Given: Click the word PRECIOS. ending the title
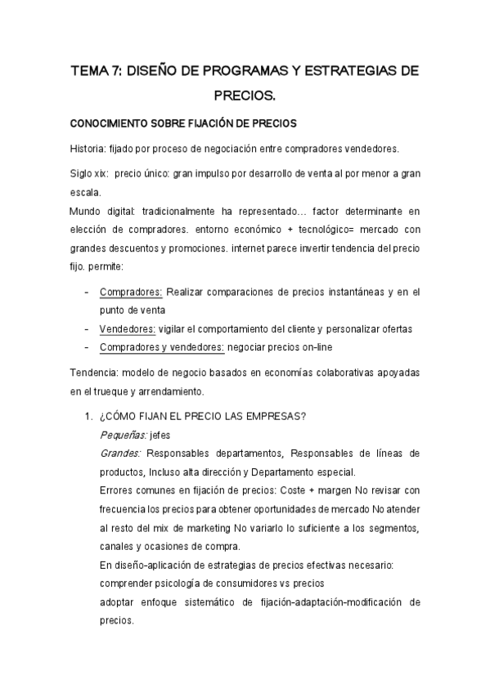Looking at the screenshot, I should (245, 96).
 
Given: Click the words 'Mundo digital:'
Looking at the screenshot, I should (97, 211).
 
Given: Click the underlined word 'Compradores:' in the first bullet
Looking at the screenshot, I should (131, 292).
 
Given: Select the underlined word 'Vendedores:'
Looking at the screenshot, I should (128, 329).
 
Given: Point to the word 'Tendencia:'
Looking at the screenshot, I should (92, 372).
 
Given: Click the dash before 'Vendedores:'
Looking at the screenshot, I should (87, 329).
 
